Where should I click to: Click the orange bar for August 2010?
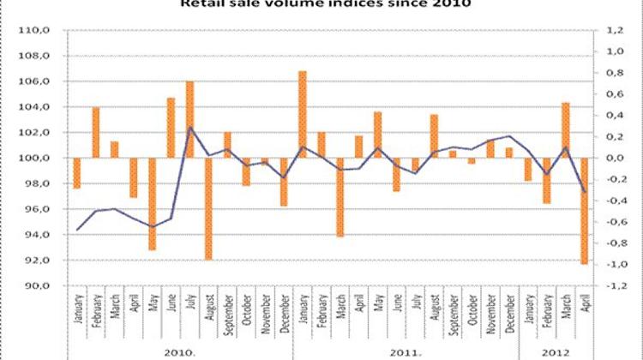208,208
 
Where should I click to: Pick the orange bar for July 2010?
189,119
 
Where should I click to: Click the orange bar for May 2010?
152,204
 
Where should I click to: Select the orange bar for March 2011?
340,196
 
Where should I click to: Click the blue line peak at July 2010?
189,128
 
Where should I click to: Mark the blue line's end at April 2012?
585,192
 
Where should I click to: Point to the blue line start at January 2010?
77,230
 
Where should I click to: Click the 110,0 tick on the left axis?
43,31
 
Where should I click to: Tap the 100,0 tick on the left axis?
43,159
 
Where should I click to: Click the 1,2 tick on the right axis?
615,31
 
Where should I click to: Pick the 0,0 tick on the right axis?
615,159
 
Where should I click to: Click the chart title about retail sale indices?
321,3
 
